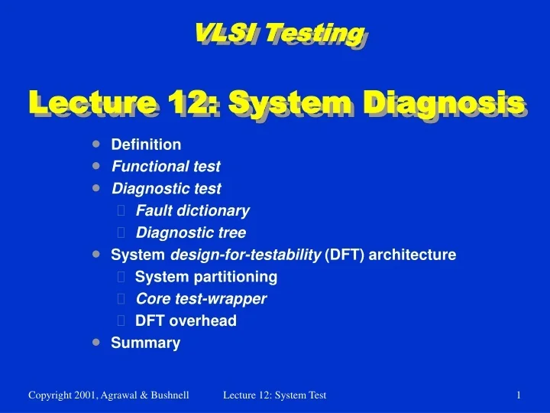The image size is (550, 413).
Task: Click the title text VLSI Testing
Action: pos(277,33)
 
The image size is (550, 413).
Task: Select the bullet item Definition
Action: pos(146,145)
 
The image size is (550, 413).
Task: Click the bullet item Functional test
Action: pos(166,166)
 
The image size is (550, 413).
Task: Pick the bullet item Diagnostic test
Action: pos(167,188)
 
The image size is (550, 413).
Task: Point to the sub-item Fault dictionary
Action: pos(192,210)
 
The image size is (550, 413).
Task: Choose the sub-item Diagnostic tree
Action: pos(191,233)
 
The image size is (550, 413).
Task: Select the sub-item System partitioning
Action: pos(206,276)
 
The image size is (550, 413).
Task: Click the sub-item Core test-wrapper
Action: pos(202,298)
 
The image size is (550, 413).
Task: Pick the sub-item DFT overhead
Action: pos(186,320)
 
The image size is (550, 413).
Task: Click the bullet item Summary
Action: pos(146,343)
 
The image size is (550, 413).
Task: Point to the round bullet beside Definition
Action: pos(95,144)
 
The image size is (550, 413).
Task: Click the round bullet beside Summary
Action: pos(95,342)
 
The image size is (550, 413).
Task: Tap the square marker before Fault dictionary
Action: pos(122,211)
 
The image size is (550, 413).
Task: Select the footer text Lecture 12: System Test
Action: pos(275,395)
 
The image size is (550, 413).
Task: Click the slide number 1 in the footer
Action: pos(519,395)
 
